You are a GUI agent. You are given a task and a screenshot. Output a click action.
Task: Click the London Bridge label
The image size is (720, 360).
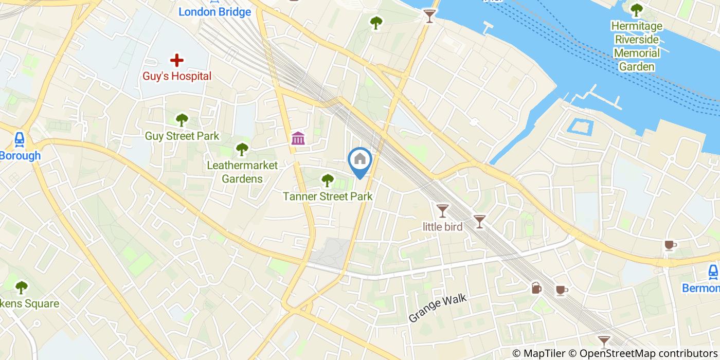pyautogui.click(x=214, y=12)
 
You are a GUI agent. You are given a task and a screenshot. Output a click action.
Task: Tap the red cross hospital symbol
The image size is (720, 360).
pyautogui.click(x=177, y=60)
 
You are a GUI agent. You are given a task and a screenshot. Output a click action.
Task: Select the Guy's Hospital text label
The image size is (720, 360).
pyautogui.click(x=177, y=76)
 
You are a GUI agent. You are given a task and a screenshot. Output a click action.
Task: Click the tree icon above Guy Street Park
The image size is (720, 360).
pyautogui.click(x=182, y=120)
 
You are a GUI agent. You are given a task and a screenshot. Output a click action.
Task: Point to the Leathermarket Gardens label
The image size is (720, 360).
pyautogui.click(x=242, y=172)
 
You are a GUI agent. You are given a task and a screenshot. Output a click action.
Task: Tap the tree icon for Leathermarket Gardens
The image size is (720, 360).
pyautogui.click(x=242, y=150)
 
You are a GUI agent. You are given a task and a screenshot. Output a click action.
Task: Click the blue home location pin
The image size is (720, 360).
pyautogui.click(x=361, y=160)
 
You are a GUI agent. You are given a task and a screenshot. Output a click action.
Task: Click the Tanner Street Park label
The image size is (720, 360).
pyautogui.click(x=328, y=196)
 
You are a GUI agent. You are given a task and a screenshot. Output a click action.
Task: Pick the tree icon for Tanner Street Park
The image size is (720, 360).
pyautogui.click(x=327, y=180)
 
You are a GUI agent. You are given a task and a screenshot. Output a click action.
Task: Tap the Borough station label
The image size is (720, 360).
pyautogui.click(x=20, y=156)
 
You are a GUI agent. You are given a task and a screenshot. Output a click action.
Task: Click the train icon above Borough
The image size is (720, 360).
pyautogui.click(x=20, y=139)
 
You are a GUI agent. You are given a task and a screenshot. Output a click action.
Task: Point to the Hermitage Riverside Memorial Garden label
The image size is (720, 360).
pyautogui.click(x=637, y=46)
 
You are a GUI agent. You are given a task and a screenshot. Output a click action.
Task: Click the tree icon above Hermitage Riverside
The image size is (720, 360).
pyautogui.click(x=637, y=9)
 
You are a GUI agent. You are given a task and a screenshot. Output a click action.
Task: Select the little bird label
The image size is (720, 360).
pyautogui.click(x=442, y=226)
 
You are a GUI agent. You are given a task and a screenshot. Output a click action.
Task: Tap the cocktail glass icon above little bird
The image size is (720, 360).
pyautogui.click(x=442, y=210)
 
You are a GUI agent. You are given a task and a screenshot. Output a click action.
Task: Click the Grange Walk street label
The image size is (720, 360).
pyautogui.click(x=438, y=308)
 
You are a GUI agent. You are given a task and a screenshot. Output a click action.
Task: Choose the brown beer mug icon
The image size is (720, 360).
pyautogui.click(x=536, y=288)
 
